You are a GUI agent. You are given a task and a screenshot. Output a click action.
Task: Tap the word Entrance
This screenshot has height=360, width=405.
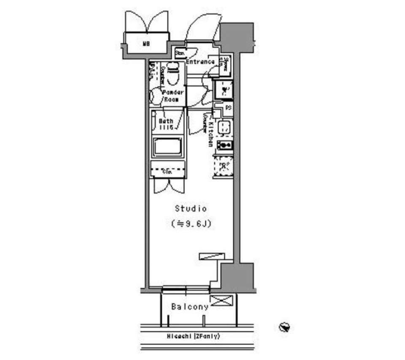200,62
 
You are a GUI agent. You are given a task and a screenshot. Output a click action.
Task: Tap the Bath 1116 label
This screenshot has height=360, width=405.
166,124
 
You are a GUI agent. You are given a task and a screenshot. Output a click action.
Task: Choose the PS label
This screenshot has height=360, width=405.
228,108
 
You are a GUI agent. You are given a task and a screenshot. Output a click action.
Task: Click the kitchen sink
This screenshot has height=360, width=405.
224,127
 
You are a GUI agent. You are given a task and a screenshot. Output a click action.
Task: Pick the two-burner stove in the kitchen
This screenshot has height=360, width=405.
224,145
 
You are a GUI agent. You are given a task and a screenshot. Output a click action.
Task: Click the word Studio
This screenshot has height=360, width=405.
191,208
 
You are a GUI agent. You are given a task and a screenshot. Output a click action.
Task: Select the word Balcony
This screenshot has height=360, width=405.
190,307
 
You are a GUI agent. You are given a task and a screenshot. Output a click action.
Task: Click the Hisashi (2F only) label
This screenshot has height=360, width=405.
194,336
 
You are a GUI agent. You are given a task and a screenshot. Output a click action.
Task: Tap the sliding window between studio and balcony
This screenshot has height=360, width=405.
186,289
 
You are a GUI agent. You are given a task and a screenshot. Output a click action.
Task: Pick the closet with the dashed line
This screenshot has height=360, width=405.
167,171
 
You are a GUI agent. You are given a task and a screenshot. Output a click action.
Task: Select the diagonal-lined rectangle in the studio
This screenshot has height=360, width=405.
212,256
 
